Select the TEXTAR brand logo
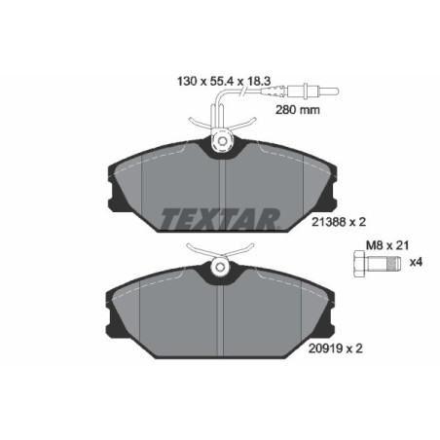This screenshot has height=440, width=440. pos(220,216)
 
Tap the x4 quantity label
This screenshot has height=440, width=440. pos(415,262)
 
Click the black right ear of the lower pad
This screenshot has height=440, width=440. pos(325,313)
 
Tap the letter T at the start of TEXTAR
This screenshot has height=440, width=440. pos(166,216)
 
